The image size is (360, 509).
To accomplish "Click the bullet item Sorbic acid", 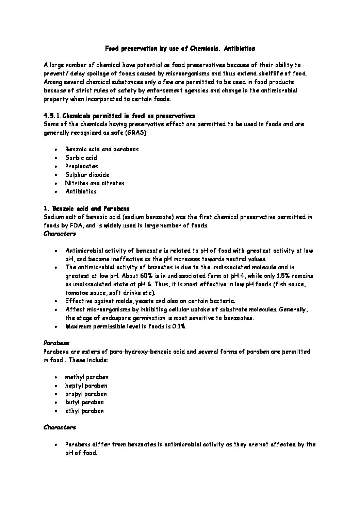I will tap(81, 158).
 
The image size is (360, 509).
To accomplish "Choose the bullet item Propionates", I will tap(82, 166).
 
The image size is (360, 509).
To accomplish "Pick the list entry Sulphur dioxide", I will tap(87, 175).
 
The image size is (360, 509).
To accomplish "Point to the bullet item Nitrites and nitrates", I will tap(95, 183).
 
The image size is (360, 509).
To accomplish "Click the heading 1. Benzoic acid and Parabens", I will tap(86, 208).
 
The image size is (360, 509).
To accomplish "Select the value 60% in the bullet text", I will tap(147, 276).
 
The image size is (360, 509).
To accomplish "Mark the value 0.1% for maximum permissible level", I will tap(178, 326).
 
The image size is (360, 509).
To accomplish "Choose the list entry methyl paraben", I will tap(87, 377).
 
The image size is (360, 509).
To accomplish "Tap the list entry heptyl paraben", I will tap(86, 386).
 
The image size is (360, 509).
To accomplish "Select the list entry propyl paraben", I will tap(86, 394).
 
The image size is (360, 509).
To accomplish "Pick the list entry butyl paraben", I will tap(84, 402).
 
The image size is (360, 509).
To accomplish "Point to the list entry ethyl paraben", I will tap(84, 411).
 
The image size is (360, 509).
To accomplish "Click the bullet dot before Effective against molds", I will tap(55, 301).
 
